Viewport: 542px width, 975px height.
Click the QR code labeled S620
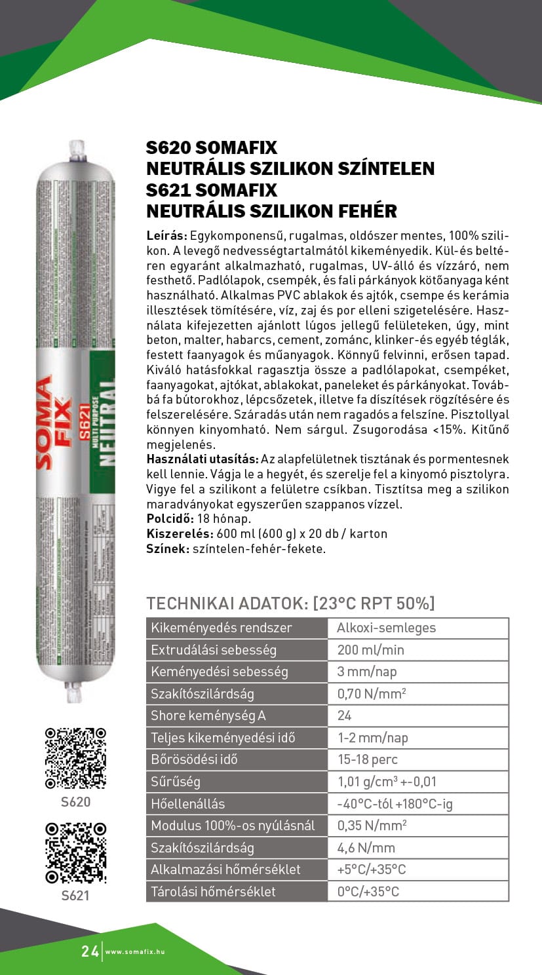pos(75,757)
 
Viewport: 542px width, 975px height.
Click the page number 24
pos(90,951)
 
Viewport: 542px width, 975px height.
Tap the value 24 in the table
pos(345,716)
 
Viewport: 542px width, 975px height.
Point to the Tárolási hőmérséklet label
pos(213,891)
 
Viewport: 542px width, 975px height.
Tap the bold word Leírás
pos(166,235)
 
